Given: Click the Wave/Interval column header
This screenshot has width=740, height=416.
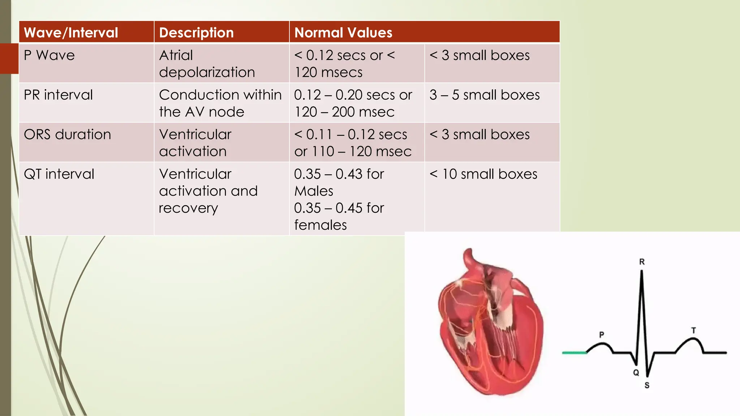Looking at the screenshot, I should pyautogui.click(x=71, y=33).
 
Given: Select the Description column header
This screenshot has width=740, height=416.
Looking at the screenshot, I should pyautogui.click(x=196, y=33).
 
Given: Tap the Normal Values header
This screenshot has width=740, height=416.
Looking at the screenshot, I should pyautogui.click(x=343, y=33).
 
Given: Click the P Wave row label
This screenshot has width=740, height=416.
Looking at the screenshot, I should pyautogui.click(x=49, y=55).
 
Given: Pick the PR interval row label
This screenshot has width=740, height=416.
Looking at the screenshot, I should pyautogui.click(x=58, y=95).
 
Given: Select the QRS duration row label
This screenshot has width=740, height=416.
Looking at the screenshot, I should pyautogui.click(x=67, y=134).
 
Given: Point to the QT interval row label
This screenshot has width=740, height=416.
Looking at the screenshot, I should pyautogui.click(x=59, y=174).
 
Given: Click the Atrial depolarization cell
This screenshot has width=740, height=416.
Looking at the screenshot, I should pyautogui.click(x=207, y=64).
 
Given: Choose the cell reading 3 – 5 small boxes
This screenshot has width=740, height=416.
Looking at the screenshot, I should pyautogui.click(x=485, y=95).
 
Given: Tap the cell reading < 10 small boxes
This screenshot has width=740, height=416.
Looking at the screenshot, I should pyautogui.click(x=483, y=174).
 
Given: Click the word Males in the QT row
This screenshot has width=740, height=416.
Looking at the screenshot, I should pyautogui.click(x=314, y=191).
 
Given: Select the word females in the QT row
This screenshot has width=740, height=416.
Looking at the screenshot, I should pyautogui.click(x=320, y=225).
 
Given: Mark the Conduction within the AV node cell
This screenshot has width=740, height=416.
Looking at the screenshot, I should pyautogui.click(x=220, y=103).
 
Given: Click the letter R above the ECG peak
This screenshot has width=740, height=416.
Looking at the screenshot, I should pyautogui.click(x=642, y=262).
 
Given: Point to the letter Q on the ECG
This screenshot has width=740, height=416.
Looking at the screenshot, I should pyautogui.click(x=636, y=372).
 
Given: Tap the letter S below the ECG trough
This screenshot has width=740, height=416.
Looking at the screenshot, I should pyautogui.click(x=647, y=385).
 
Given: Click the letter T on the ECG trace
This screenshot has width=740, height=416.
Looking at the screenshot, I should pyautogui.click(x=693, y=330).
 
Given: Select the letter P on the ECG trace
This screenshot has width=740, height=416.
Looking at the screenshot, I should pyautogui.click(x=602, y=335).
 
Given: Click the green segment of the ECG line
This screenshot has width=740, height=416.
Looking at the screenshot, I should pyautogui.click(x=574, y=352).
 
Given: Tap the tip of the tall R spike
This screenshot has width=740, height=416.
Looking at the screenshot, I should pyautogui.click(x=642, y=272).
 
